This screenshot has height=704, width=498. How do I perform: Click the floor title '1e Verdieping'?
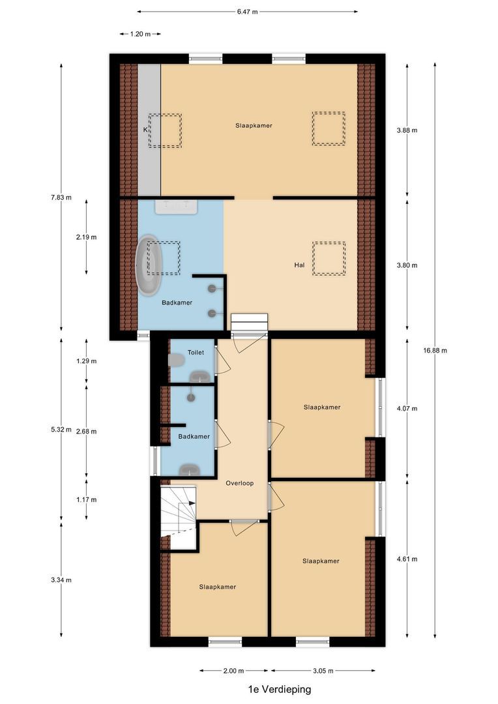(279, 689)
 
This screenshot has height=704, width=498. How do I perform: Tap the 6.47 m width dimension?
(247, 11)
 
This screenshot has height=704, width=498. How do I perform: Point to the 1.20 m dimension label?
(140, 34)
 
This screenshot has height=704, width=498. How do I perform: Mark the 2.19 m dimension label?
(86, 237)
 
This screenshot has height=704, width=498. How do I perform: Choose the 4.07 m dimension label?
(407, 409)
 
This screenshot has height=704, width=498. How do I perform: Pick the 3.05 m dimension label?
(323, 671)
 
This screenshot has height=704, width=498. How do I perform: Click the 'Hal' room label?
(299, 265)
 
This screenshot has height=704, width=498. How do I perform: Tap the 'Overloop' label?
(239, 483)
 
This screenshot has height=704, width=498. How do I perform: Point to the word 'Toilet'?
(196, 352)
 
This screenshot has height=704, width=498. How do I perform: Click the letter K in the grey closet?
(145, 130)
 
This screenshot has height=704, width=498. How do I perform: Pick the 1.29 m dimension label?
(86, 360)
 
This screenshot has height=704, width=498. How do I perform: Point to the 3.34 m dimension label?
(61, 580)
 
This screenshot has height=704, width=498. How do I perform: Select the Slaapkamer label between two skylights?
(254, 125)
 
